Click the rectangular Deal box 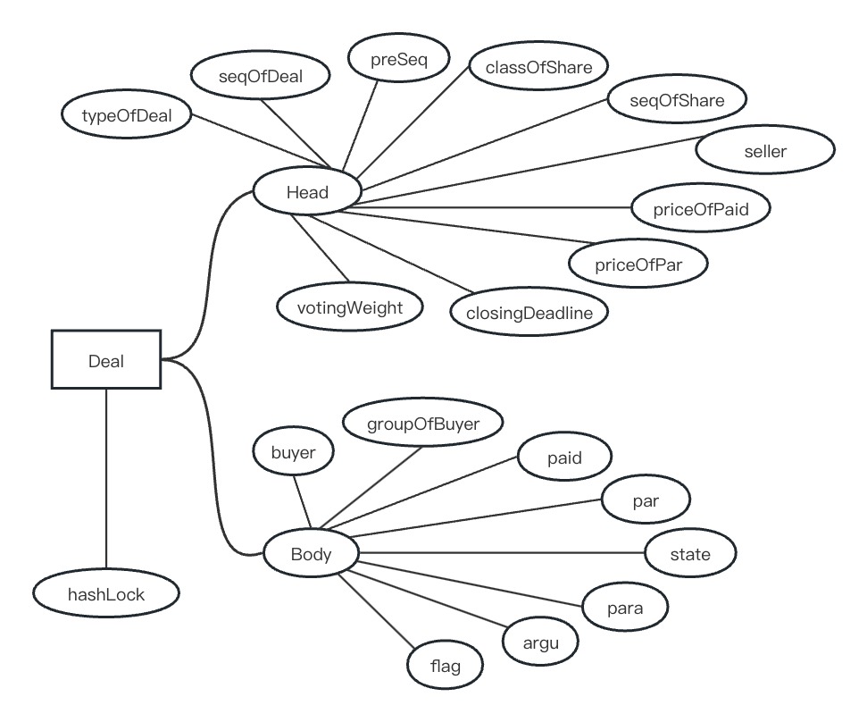coord(106,360)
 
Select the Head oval coord(307,192)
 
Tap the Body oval coord(311,554)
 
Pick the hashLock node coord(106,593)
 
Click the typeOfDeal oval coord(126,115)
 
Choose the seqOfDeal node coord(261,77)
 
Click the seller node coord(765,151)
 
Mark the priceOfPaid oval coord(701,210)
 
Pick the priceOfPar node coord(638,264)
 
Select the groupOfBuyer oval coord(423,424)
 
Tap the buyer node coord(294,453)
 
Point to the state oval coord(690,554)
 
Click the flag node coord(446,666)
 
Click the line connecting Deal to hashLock coord(106,483)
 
